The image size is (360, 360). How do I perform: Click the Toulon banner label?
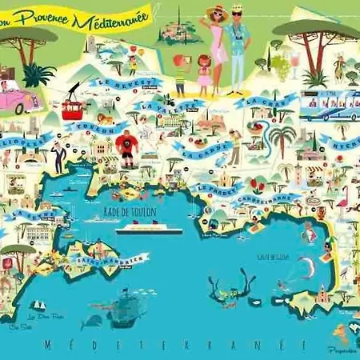click(x=98, y=130)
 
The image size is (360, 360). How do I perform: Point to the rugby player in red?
click(x=126, y=146)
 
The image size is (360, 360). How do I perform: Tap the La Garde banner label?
click(x=195, y=150)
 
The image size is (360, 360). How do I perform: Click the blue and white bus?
click(x=325, y=106)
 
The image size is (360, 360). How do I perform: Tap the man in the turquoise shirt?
click(x=238, y=44)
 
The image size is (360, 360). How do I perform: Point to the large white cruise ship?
click(x=149, y=230)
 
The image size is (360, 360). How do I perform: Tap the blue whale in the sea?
click(x=92, y=322)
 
